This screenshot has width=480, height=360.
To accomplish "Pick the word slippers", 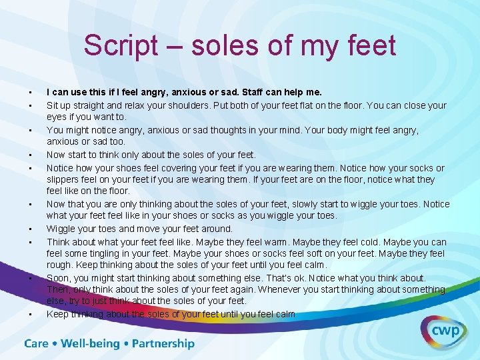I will click(63, 179).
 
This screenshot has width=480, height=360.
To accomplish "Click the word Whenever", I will click(277, 289).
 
